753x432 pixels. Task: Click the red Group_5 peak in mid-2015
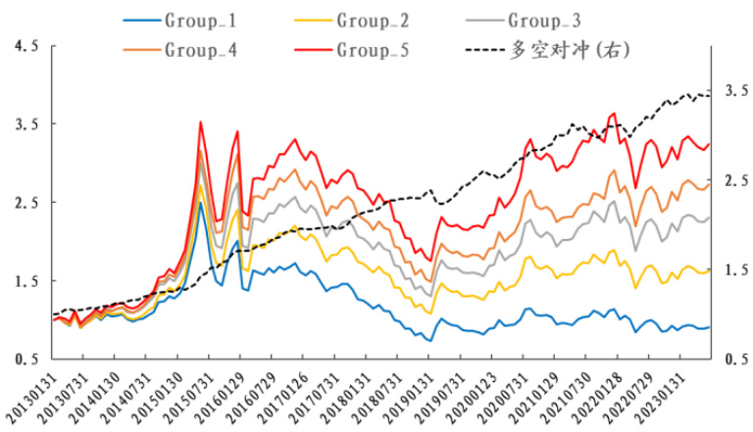(x=200, y=122)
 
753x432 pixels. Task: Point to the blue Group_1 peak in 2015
(x=200, y=203)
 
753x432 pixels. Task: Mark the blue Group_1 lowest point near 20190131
(x=429, y=340)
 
